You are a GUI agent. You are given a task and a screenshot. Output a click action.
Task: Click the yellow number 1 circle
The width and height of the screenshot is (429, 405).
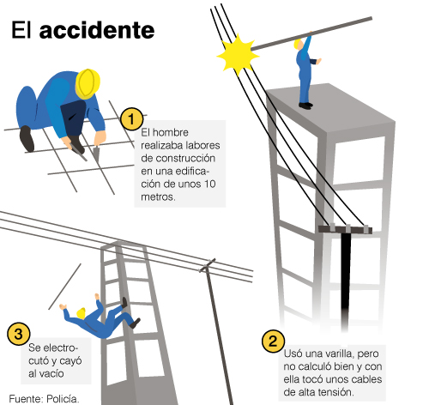pos(131,119)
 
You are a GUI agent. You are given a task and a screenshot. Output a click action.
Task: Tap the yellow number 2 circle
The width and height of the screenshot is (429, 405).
pos(273,341)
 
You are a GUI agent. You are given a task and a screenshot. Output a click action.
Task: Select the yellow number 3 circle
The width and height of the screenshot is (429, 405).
pos(19,334)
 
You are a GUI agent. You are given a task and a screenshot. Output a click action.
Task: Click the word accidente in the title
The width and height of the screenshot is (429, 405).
pos(97,30)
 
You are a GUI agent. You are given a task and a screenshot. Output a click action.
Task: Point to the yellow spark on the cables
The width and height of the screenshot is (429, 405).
pos(238,55)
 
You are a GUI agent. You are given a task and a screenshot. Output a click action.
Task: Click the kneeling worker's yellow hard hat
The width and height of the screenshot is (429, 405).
pos(88,83)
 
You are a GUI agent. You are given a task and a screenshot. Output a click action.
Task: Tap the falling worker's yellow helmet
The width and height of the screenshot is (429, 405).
pos(82,313)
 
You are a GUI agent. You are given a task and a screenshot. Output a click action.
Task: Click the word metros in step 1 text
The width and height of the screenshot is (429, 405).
pos(158,196)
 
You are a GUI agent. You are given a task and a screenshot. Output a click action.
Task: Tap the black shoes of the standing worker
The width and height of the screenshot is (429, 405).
pos(305,106)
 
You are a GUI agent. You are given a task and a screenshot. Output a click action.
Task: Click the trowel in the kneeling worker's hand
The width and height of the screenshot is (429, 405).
pos(96,154)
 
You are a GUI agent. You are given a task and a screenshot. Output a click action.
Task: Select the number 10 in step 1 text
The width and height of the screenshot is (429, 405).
pos(209,184)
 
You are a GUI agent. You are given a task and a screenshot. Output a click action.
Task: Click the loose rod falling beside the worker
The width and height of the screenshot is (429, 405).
pos(64,287)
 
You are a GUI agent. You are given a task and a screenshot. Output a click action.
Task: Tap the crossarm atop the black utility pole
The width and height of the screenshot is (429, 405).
pos(346,229)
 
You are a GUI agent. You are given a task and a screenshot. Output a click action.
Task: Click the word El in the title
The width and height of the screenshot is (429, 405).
pos(21,30)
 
